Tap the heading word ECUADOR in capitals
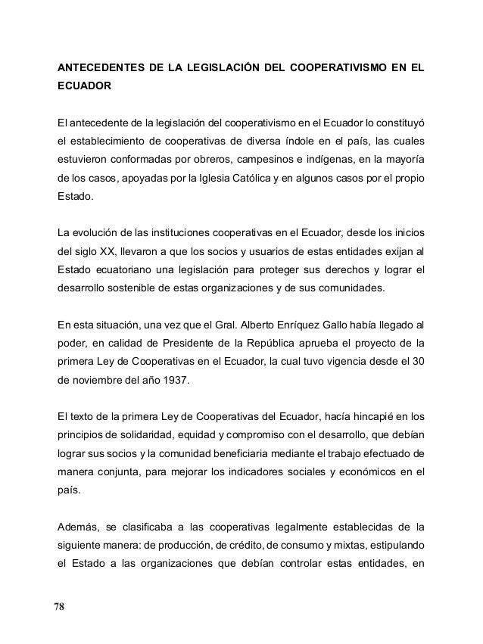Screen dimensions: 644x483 (84, 89)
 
